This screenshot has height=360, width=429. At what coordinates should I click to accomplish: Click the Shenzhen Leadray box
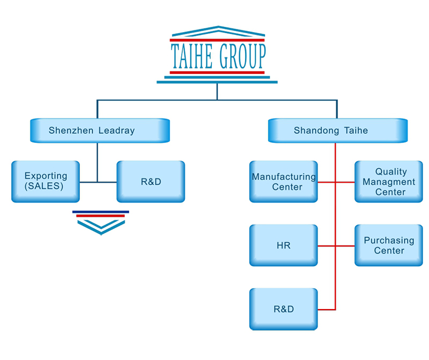tap(100, 130)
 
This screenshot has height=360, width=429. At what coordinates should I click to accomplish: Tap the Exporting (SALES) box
tap(45, 181)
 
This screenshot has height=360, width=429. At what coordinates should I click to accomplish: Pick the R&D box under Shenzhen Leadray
tap(151, 181)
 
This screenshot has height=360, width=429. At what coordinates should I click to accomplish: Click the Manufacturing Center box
tap(283, 182)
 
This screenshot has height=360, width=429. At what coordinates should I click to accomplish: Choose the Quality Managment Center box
tap(389, 182)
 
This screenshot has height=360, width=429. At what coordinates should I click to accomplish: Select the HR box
tap(283, 246)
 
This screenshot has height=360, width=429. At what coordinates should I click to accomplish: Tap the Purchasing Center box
tap(389, 245)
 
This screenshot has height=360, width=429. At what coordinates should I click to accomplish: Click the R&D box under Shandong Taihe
tap(283, 310)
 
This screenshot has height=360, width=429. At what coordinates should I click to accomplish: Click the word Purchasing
tap(389, 241)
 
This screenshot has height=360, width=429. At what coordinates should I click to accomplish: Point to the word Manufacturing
tap(284, 177)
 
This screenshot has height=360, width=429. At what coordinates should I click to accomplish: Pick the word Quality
tap(391, 171)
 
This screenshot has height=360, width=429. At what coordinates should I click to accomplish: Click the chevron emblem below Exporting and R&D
tap(101, 222)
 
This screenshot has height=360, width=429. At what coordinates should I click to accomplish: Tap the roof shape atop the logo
tap(217, 31)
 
